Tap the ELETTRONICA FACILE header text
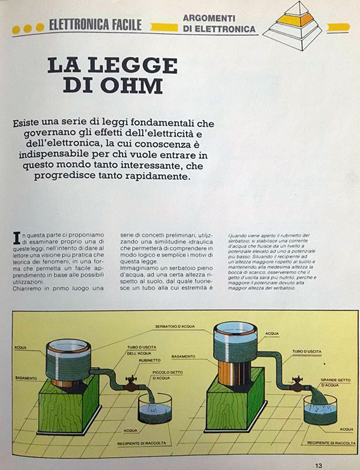pos(95,25)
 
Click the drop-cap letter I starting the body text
pos(16,236)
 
